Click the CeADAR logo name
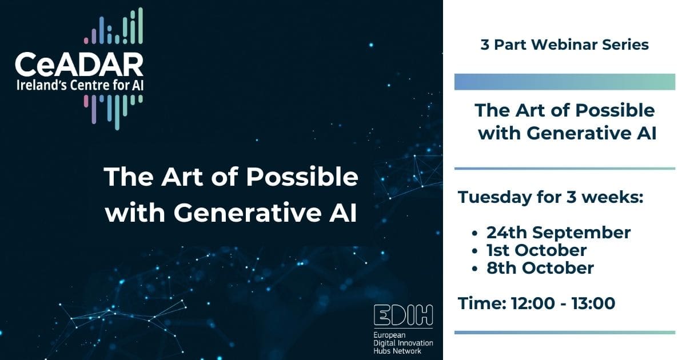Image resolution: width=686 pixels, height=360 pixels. (x=79, y=66)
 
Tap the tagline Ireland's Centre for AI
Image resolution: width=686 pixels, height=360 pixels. (x=79, y=86)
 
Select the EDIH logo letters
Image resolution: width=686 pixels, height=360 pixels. (x=403, y=315)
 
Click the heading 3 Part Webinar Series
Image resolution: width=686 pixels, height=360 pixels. (x=564, y=45)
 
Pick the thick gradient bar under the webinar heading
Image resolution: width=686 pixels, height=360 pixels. (x=564, y=82)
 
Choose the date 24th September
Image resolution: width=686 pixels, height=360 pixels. (x=559, y=233)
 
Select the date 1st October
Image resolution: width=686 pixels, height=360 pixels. (x=536, y=250)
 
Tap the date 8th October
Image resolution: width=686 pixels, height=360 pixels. (x=540, y=267)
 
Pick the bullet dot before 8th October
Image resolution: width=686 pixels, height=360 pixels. (x=474, y=268)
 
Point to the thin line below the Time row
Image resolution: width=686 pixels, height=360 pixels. (x=564, y=332)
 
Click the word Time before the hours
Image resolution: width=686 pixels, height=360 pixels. (x=478, y=303)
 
